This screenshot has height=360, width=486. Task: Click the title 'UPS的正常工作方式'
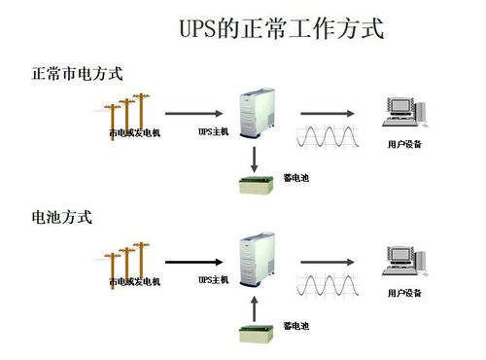tap(281, 29)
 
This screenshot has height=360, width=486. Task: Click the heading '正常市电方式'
tap(77, 74)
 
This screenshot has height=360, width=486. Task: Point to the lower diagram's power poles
tap(128, 260)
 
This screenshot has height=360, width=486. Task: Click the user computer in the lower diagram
tap(404, 261)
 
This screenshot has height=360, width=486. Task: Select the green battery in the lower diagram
tap(256, 335)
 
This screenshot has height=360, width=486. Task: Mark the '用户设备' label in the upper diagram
tap(404, 144)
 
